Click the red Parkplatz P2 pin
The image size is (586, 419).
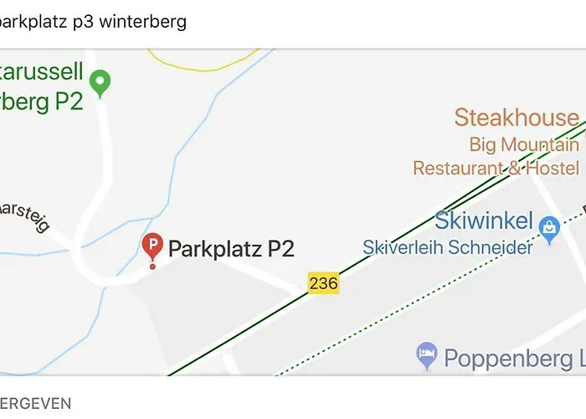coord(152,248)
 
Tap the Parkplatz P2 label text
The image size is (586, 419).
coord(231,249)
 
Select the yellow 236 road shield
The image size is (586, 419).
coord(323,283)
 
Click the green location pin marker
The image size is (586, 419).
coord(100,83)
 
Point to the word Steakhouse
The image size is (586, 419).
coord(517,117)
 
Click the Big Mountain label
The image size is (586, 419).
coord(523,144)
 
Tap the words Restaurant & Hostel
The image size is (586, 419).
coord(496,168)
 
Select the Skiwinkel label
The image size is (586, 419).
coord(484,221)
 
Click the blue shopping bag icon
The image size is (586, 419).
coord(549,226)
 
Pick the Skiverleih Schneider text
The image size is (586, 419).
coord(448,248)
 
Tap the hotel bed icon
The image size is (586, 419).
coord(427,355)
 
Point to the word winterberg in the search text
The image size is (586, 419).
coord(142,22)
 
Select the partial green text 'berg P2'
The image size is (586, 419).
coord(42,101)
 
